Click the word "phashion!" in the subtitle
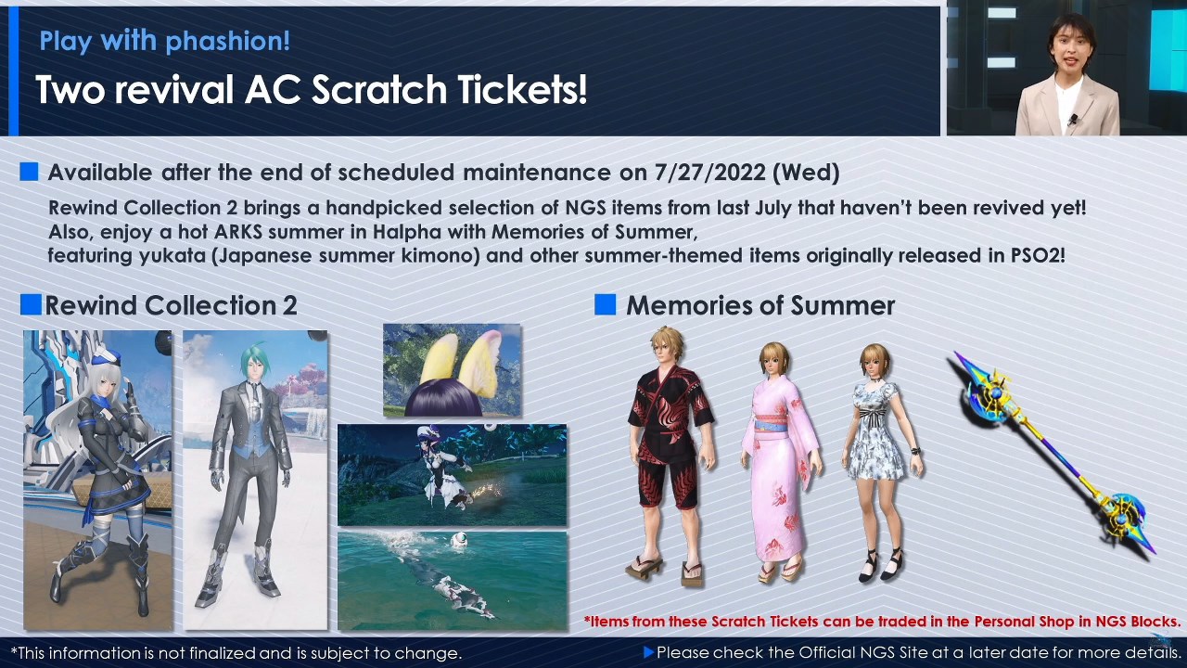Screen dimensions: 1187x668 point(228,42)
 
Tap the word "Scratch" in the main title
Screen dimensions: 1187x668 point(380,89)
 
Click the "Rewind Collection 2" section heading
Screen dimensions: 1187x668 point(171,305)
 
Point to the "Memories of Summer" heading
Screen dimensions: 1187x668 point(760,305)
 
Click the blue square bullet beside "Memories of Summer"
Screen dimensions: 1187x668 point(606,305)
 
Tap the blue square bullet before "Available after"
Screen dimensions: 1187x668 point(29,172)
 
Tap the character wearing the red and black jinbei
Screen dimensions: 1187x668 point(670,456)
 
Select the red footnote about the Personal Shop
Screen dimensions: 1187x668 point(882,622)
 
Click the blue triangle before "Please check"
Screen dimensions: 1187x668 point(648,652)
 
